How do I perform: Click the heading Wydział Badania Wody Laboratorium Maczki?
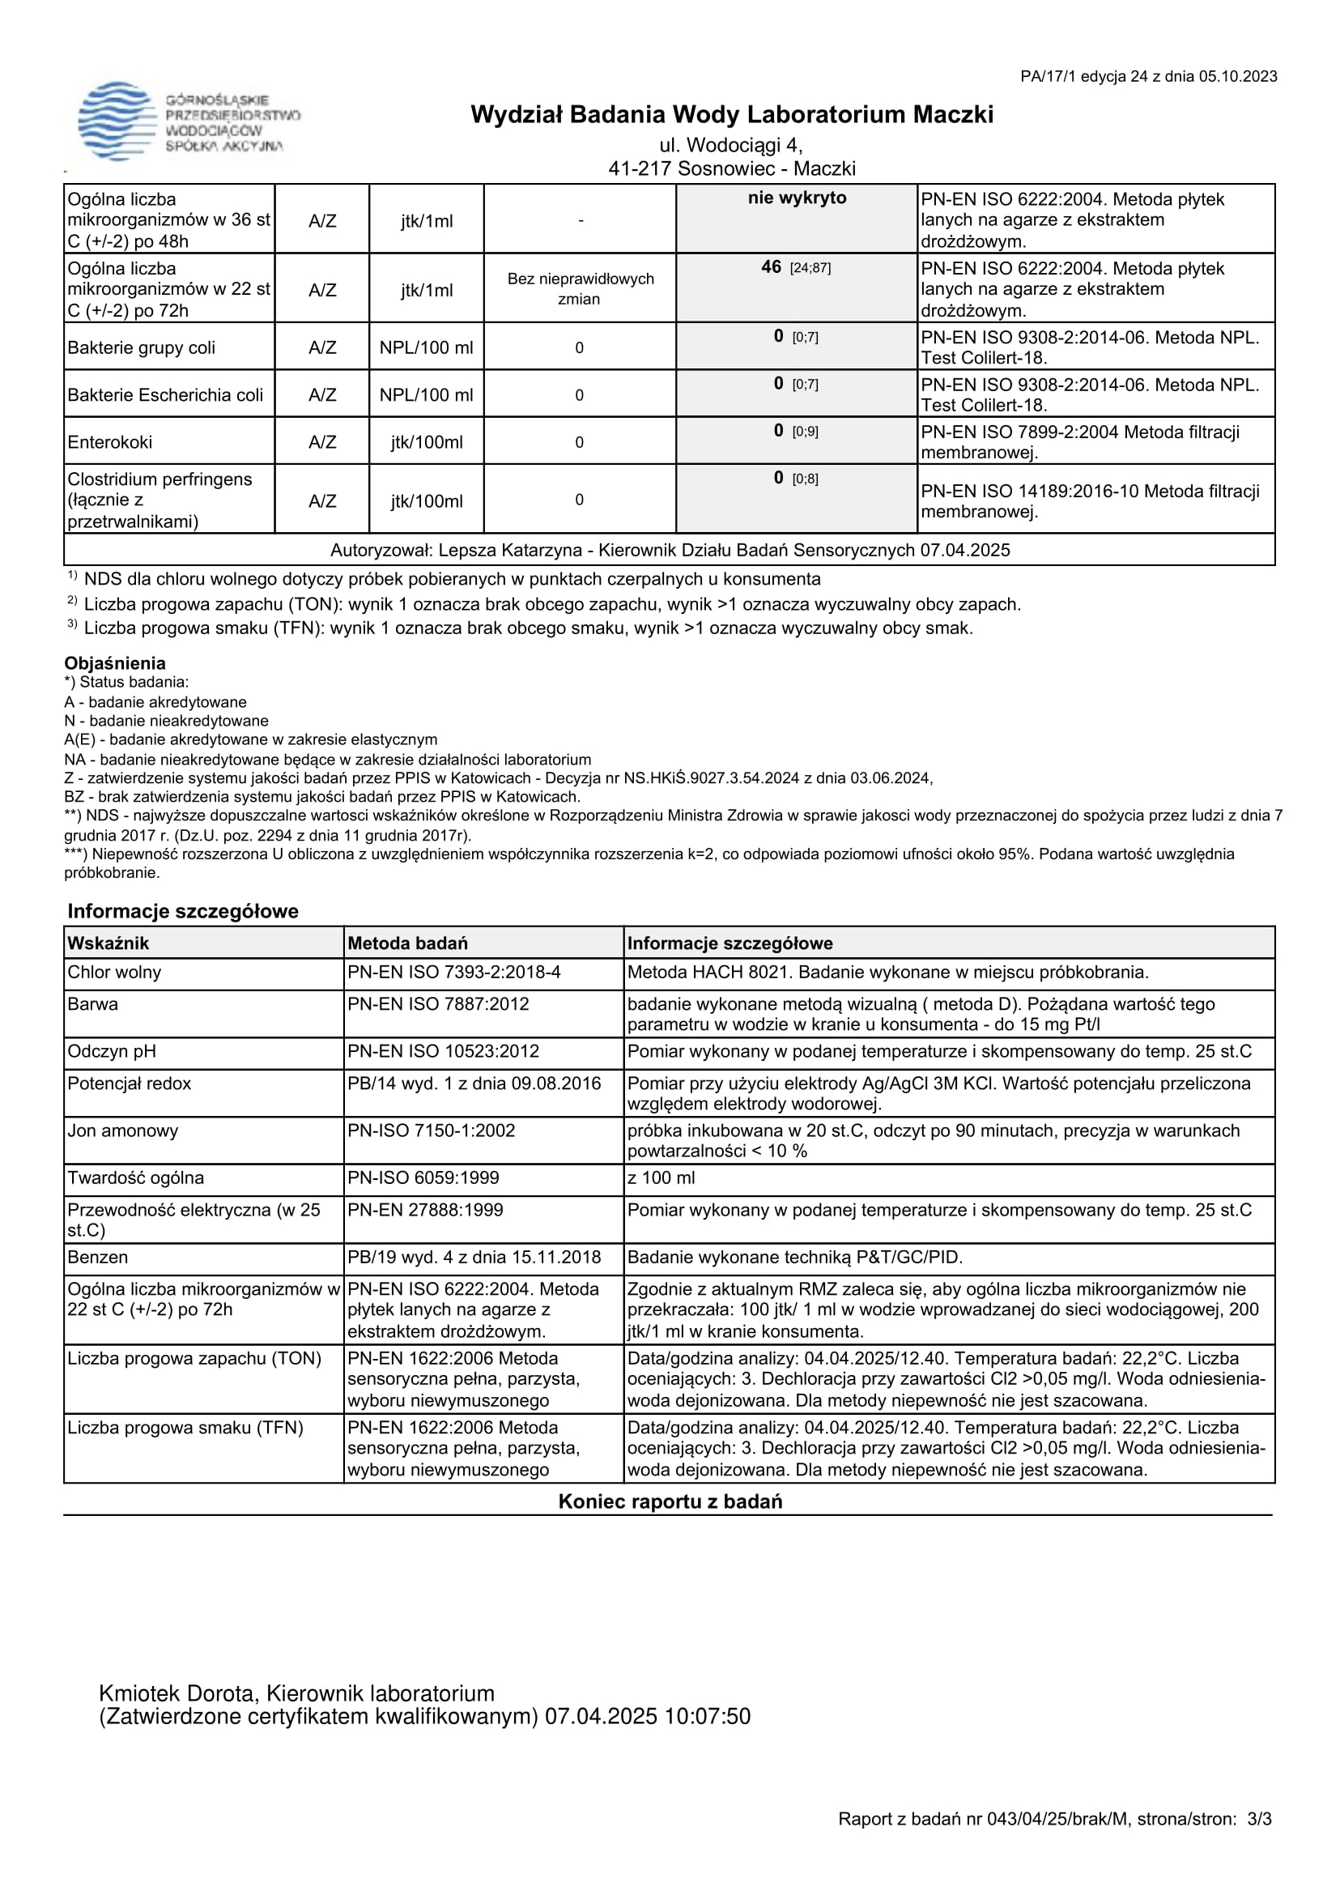(x=731, y=114)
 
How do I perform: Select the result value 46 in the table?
(x=772, y=266)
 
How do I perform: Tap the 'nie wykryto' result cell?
(x=796, y=198)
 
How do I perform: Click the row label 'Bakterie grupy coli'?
(x=141, y=347)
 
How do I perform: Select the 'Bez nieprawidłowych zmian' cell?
(x=580, y=288)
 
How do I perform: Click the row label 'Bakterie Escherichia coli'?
(x=165, y=394)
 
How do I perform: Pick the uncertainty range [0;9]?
(x=806, y=432)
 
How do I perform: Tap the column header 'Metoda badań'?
(x=407, y=943)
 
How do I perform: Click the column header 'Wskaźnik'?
(x=108, y=943)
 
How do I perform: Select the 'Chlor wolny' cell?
(x=114, y=973)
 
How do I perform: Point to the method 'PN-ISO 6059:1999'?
(x=423, y=1177)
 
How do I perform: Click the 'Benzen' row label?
(x=97, y=1257)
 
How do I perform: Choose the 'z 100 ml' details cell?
(x=661, y=1177)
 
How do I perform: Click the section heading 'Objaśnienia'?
(x=115, y=662)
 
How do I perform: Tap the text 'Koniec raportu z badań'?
(x=670, y=1501)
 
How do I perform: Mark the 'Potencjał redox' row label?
(x=129, y=1083)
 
